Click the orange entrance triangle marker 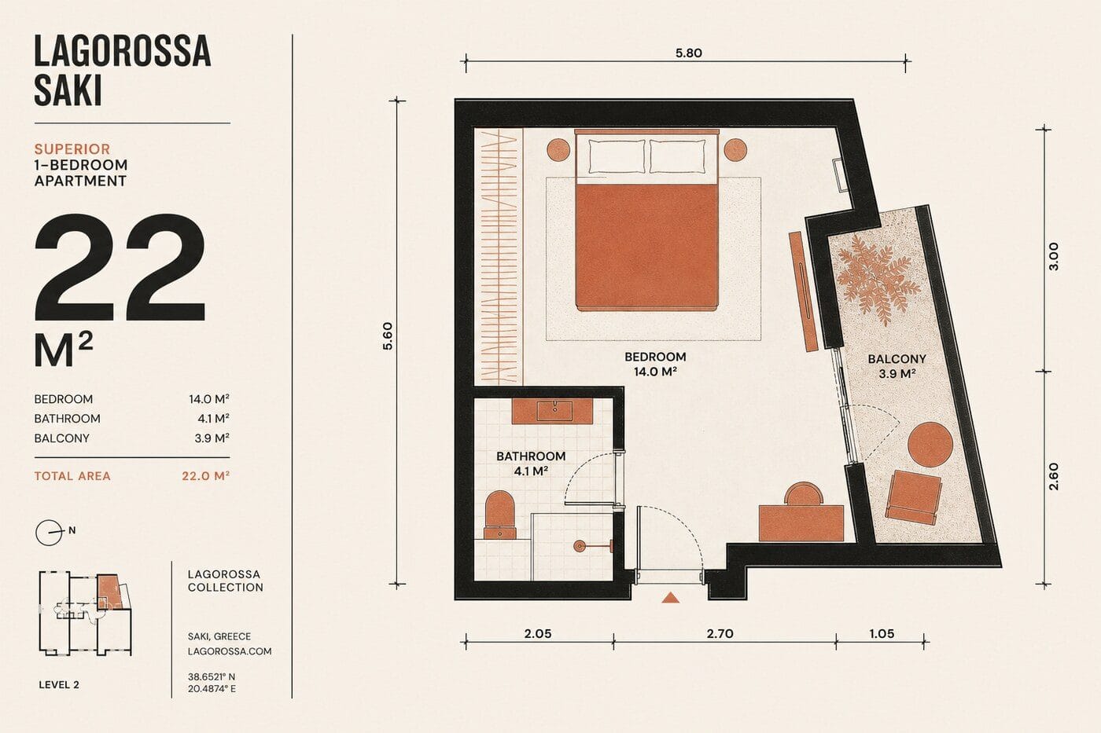[x=670, y=598]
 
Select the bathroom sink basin [x=554, y=411]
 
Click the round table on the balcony [x=930, y=445]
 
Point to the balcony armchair [x=913, y=497]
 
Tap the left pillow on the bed [x=617, y=156]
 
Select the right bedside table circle [x=735, y=149]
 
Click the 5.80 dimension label [x=689, y=53]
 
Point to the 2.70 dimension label [x=720, y=633]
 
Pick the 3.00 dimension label [x=1054, y=256]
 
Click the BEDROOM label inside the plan [x=655, y=357]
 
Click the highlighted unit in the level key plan [x=107, y=592]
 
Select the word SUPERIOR [x=72, y=148]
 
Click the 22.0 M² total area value [x=205, y=476]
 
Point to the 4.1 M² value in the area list [x=213, y=418]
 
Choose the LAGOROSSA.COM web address [x=230, y=651]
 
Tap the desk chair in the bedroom [x=803, y=494]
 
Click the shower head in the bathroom [x=580, y=545]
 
